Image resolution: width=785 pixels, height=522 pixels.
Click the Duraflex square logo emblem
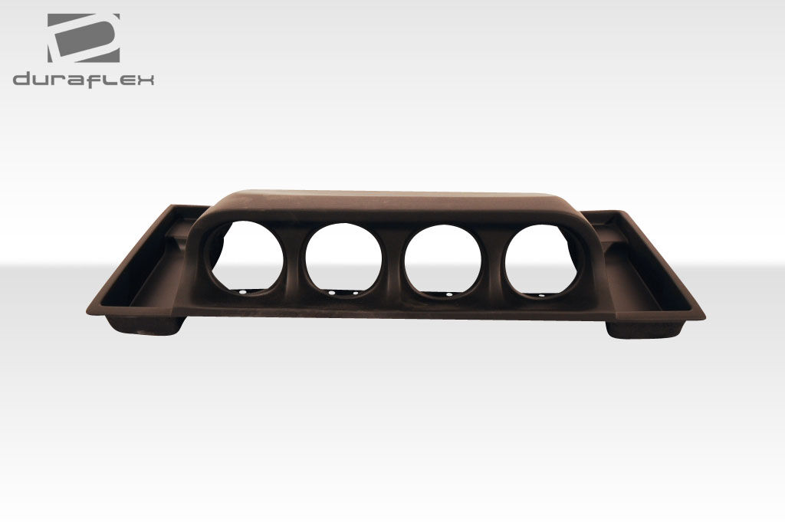point(84,38)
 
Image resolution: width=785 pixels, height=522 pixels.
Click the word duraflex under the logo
point(83,80)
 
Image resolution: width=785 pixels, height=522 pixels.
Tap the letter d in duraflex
point(22,79)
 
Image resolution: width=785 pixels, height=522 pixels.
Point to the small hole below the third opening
point(449,295)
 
